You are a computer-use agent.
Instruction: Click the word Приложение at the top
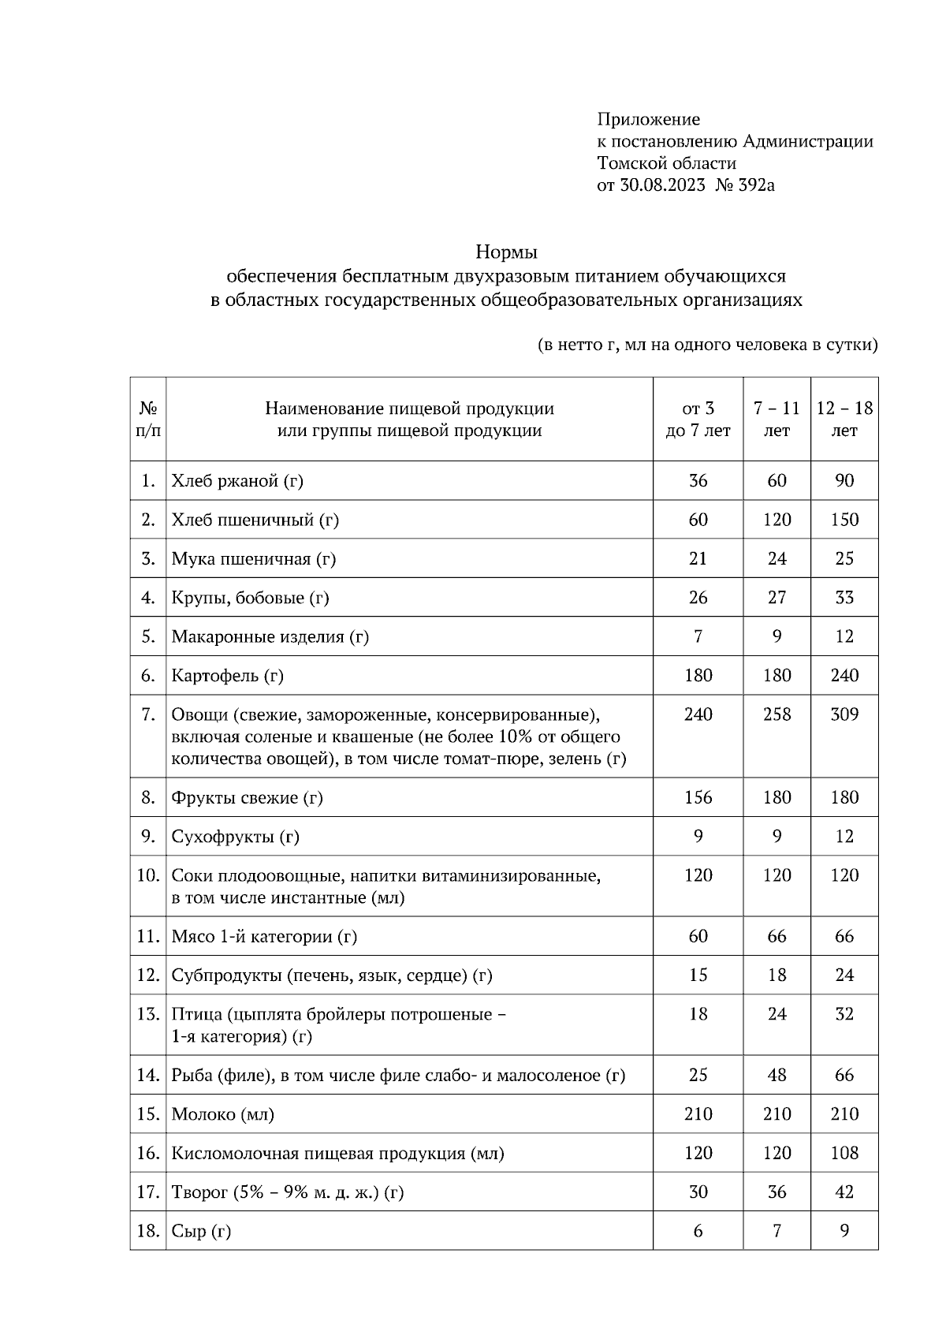tap(648, 120)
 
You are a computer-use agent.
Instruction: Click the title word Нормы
tap(506, 253)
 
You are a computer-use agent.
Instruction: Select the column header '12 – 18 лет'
tap(844, 420)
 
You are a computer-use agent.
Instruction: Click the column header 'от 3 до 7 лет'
tap(698, 420)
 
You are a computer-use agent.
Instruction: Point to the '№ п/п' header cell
tap(148, 420)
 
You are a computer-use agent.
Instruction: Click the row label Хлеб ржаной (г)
tap(237, 481)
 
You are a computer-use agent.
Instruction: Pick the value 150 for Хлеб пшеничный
tap(844, 520)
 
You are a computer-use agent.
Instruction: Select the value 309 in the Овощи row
tap(844, 715)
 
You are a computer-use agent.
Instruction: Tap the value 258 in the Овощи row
tap(777, 715)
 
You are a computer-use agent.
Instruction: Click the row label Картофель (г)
tap(227, 676)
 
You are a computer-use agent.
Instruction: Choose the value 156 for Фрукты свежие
tap(698, 798)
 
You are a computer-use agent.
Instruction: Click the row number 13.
tap(148, 1014)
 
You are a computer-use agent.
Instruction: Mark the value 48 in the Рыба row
tap(777, 1076)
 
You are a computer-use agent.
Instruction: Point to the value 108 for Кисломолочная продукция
tap(844, 1154)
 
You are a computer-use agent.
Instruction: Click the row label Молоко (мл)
tap(223, 1115)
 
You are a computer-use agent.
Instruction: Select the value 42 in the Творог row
tap(844, 1192)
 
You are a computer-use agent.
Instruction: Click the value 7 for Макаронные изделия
tap(698, 637)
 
